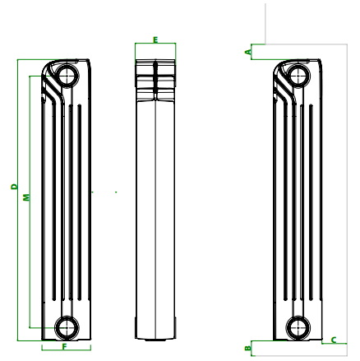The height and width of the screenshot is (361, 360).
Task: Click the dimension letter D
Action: click(14, 187)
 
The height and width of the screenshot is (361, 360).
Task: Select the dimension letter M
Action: click(26, 197)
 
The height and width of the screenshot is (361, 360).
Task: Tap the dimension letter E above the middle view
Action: click(155, 40)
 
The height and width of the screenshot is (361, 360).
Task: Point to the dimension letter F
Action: click(65, 347)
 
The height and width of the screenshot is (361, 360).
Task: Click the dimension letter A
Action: click(248, 52)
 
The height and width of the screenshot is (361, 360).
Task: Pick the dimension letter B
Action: click(248, 349)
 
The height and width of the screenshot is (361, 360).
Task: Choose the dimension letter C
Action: click(334, 340)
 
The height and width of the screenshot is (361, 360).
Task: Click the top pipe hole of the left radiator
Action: click(66, 75)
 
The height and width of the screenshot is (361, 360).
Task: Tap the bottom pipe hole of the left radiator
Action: click(66, 327)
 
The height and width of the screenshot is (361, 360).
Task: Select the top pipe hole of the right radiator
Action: click(298, 75)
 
